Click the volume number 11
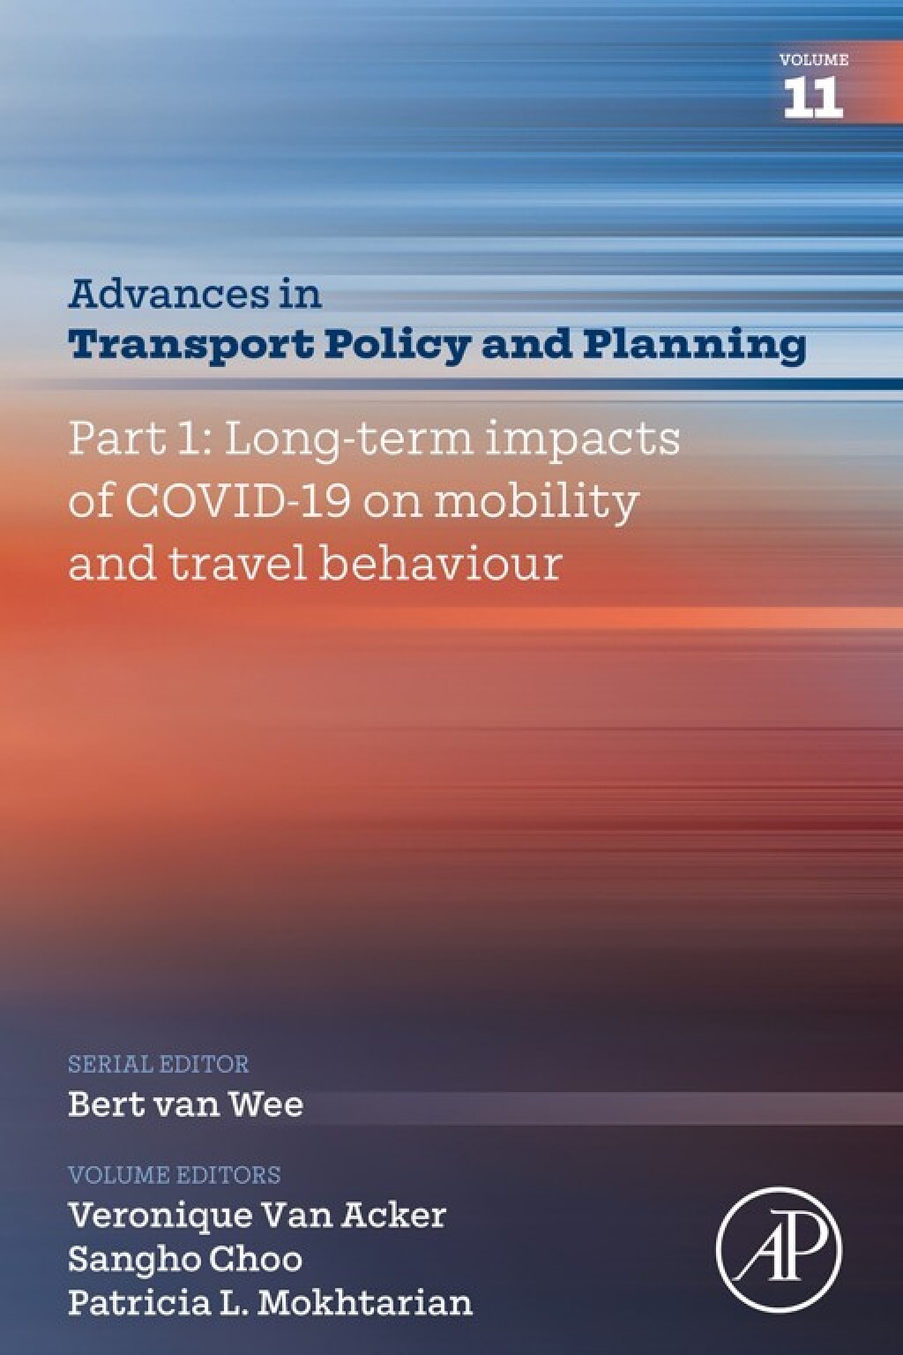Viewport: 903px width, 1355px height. [813, 97]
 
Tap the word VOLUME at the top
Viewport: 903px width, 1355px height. [813, 60]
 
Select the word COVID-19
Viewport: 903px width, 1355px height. [238, 501]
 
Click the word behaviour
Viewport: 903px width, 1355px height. [439, 564]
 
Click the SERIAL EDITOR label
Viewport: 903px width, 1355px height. [159, 1064]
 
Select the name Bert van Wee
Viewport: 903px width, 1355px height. [186, 1104]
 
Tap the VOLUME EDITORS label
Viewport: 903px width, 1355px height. [175, 1175]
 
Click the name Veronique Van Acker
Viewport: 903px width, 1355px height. [257, 1215]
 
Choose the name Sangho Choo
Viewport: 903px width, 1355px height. [185, 1259]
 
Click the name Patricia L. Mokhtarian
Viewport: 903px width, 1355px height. [271, 1302]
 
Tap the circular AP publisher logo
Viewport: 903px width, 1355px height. [779, 1249]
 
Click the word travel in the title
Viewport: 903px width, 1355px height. [236, 564]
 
